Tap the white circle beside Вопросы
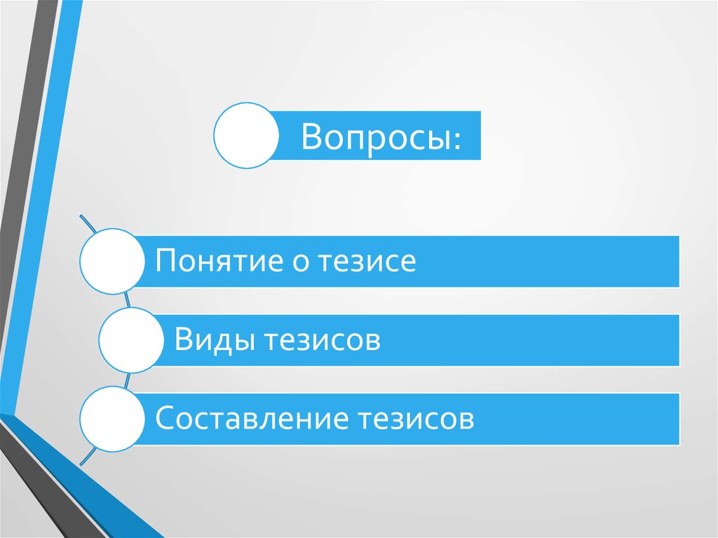[x=245, y=135]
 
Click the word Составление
[x=252, y=419]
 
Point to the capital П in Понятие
[x=165, y=262]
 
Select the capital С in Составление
[x=164, y=419]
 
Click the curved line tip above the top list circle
[x=81, y=216]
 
